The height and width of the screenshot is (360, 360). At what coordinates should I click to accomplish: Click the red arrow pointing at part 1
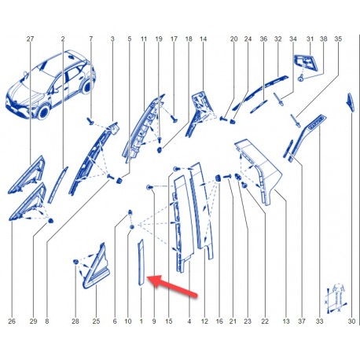pos(172,286)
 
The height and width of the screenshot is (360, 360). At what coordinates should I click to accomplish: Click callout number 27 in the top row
pos(30,39)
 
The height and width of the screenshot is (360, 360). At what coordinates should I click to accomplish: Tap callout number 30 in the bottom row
pos(351,321)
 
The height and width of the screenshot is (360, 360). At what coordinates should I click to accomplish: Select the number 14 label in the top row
pos(203,39)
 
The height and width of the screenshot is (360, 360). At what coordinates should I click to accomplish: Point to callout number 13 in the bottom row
pos(286,321)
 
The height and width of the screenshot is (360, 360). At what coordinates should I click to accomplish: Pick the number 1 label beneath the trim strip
pos(141,321)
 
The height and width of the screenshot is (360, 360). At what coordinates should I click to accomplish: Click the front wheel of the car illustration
pos(44,112)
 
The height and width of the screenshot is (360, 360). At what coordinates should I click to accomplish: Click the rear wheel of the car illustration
pos(86,86)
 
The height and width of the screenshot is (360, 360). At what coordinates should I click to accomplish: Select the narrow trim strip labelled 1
pos(141,263)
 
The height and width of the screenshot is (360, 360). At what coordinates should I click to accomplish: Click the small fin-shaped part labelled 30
pos(351,102)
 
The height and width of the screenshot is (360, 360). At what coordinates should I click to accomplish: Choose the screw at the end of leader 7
pos(90,121)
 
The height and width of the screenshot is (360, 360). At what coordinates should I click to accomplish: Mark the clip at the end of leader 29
pos(50,221)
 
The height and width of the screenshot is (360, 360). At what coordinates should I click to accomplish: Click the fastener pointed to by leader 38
pos(301,78)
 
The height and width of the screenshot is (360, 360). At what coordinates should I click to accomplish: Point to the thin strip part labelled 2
pos(57,185)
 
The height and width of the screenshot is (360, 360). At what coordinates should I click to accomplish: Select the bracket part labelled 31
pos(306,63)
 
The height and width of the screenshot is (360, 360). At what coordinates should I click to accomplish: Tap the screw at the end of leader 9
pos(149,187)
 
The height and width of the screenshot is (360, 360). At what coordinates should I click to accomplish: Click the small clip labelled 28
pos(75,262)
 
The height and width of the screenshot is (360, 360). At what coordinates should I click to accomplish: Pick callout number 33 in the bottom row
pos(319,321)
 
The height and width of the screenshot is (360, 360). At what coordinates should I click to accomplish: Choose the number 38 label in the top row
pos(324,39)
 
